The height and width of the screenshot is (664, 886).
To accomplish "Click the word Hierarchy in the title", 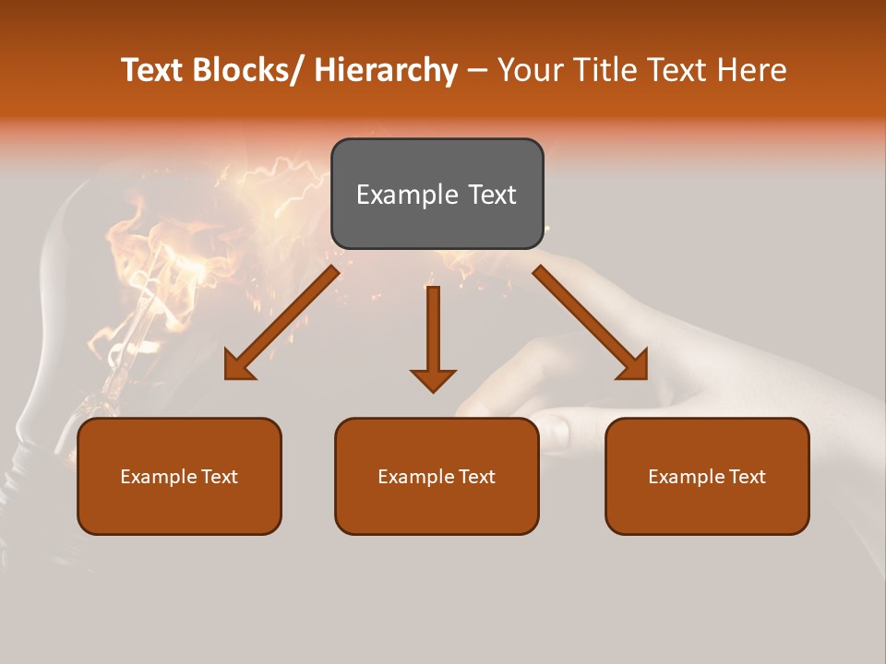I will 386,70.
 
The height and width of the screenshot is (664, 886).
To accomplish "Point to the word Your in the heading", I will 530,70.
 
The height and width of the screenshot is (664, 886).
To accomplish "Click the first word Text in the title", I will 153,70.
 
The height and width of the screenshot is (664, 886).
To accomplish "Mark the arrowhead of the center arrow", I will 433,379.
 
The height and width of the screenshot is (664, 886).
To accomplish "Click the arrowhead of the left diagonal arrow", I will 238,367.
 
